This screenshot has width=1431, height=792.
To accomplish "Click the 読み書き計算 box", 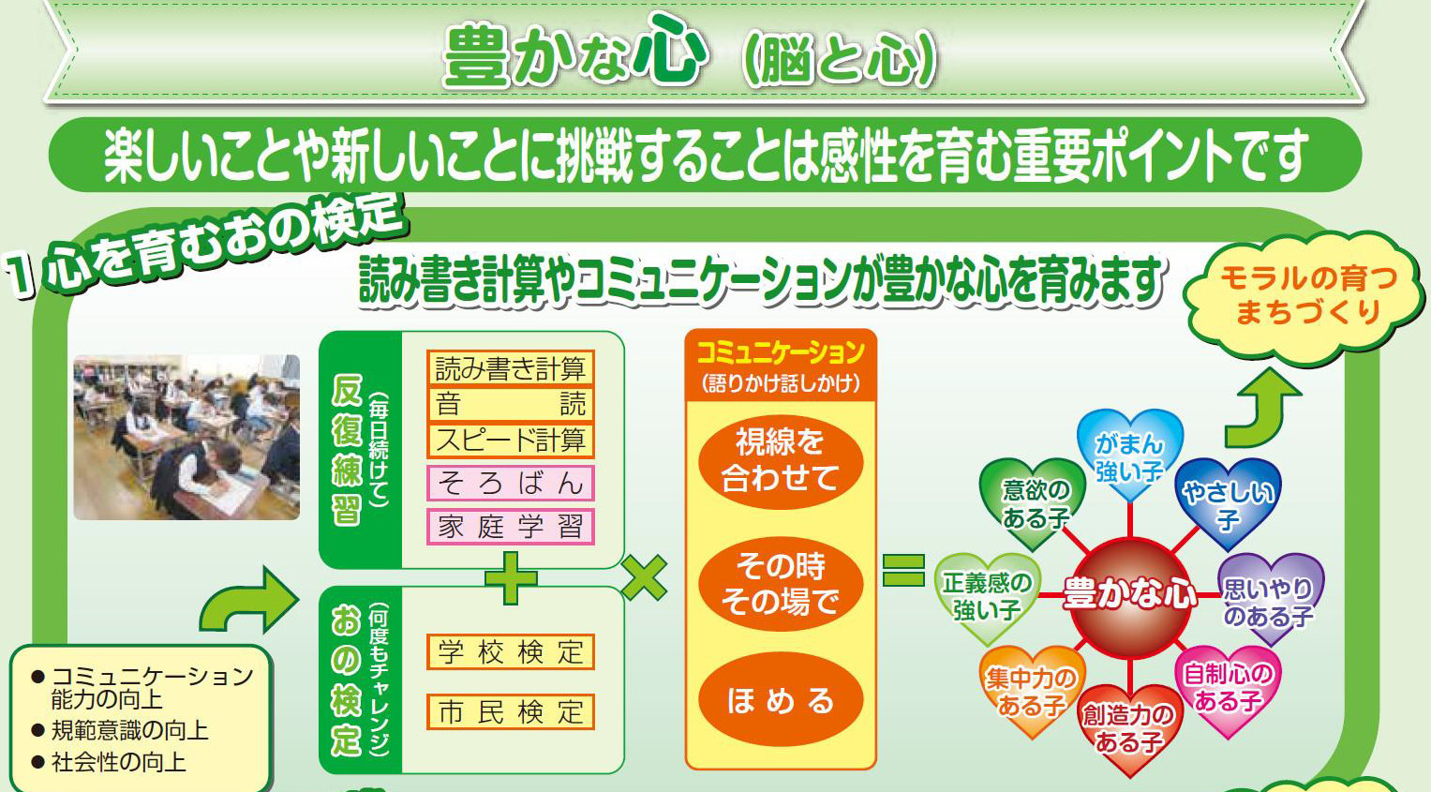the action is [x=511, y=368].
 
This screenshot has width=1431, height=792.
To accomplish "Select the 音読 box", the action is [x=511, y=404].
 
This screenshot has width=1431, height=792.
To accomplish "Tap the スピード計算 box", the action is [x=511, y=441].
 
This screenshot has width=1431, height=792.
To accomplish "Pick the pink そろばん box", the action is [x=511, y=483].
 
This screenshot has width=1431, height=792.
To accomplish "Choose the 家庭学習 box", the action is [x=511, y=527].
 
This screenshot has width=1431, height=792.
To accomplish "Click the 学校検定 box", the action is [x=511, y=652].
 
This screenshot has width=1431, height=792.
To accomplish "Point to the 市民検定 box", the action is [x=511, y=711].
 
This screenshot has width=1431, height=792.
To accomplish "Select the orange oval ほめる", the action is [x=780, y=699].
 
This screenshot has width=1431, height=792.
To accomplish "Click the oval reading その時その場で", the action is [x=780, y=584].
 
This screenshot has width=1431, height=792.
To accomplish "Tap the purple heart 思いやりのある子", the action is [x=1270, y=599].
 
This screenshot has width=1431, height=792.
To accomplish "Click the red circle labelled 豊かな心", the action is [x=1130, y=597].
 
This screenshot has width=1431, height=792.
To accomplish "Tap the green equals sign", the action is [x=903, y=570].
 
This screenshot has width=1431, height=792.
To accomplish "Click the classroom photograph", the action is [x=186, y=438].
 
